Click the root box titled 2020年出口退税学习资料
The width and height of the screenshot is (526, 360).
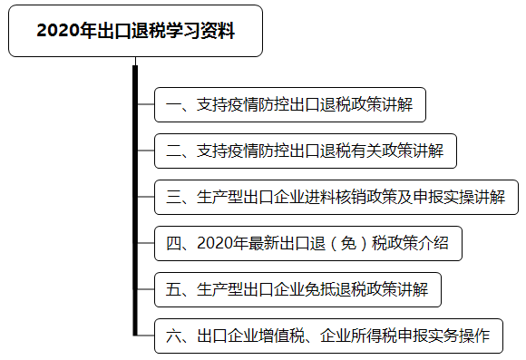[135, 31]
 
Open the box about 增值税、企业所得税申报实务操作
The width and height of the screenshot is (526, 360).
[328, 336]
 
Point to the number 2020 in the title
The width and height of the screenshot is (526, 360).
[57, 32]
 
